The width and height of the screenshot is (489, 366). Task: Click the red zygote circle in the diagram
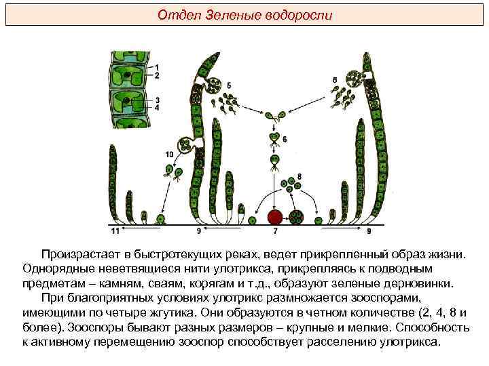coord(274,218)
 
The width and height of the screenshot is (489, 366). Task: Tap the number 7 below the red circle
coord(275,232)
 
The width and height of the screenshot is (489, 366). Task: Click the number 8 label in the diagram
coord(299,177)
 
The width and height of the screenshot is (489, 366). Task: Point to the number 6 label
coord(285,139)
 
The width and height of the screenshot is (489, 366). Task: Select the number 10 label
coord(168,155)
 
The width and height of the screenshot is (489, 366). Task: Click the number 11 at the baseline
coord(114,232)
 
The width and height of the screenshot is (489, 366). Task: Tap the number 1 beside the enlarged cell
coord(157,66)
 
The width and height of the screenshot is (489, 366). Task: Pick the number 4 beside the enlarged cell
coord(157,107)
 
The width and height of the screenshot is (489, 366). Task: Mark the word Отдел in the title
coord(173,14)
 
